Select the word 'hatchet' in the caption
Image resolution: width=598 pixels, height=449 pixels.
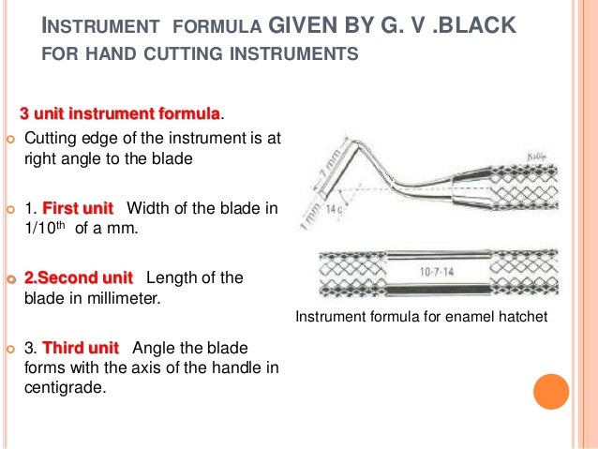tap(521, 319)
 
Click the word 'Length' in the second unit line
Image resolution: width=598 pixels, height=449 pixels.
tap(175, 278)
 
